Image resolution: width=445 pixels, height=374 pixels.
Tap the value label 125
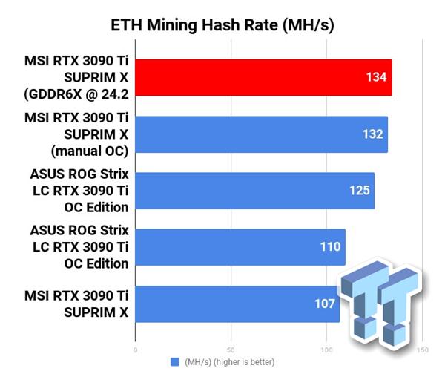360,191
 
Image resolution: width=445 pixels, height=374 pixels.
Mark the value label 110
330,247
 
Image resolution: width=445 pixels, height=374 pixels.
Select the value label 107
325,304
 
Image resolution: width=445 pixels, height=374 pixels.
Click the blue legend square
175,361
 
